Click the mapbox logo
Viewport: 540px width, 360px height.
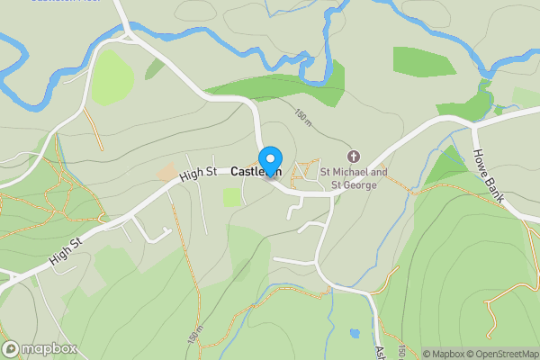tap(38, 348)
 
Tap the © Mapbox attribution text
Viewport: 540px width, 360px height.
tap(447, 354)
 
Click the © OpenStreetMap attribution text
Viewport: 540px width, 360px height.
tap(507, 354)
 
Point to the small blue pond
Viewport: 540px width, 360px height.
tap(355, 333)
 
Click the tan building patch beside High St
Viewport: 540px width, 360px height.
tap(167, 171)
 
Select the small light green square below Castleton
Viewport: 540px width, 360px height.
tap(231, 197)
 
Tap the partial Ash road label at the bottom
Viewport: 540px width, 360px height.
tap(380, 353)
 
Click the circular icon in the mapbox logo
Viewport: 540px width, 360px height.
tap(11, 348)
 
